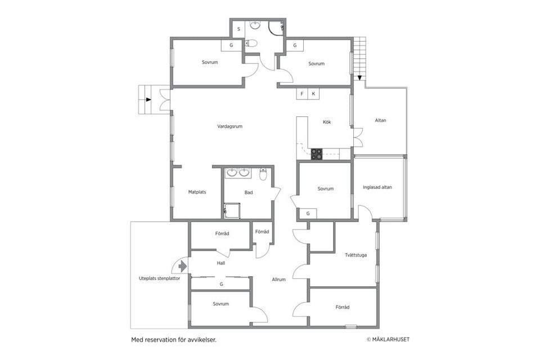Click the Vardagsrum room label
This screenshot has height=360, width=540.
pyautogui.click(x=229, y=127)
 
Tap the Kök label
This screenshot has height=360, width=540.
pyautogui.click(x=327, y=122)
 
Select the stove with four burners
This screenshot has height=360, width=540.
pyautogui.click(x=317, y=154)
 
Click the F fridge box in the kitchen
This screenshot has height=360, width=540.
pyautogui.click(x=302, y=94)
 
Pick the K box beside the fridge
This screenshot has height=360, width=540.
pyautogui.click(x=313, y=94)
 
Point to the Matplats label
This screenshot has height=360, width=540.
pyautogui.click(x=197, y=192)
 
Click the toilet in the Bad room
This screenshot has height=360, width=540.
pyautogui.click(x=263, y=175)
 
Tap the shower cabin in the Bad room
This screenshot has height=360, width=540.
pyautogui.click(x=232, y=210)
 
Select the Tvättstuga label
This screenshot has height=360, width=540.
pyautogui.click(x=355, y=255)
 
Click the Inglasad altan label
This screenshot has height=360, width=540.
pyautogui.click(x=377, y=187)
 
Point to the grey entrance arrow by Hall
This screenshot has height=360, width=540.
pyautogui.click(x=183, y=266)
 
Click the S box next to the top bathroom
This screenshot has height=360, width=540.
pyautogui.click(x=238, y=29)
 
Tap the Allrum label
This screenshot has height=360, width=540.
pyautogui.click(x=278, y=280)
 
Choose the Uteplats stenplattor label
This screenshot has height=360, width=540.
pyautogui.click(x=159, y=278)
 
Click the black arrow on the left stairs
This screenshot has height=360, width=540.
pyautogui.click(x=148, y=100)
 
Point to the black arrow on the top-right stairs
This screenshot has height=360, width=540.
pyautogui.click(x=359, y=78)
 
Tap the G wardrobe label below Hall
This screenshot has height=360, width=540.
pyautogui.click(x=222, y=284)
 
